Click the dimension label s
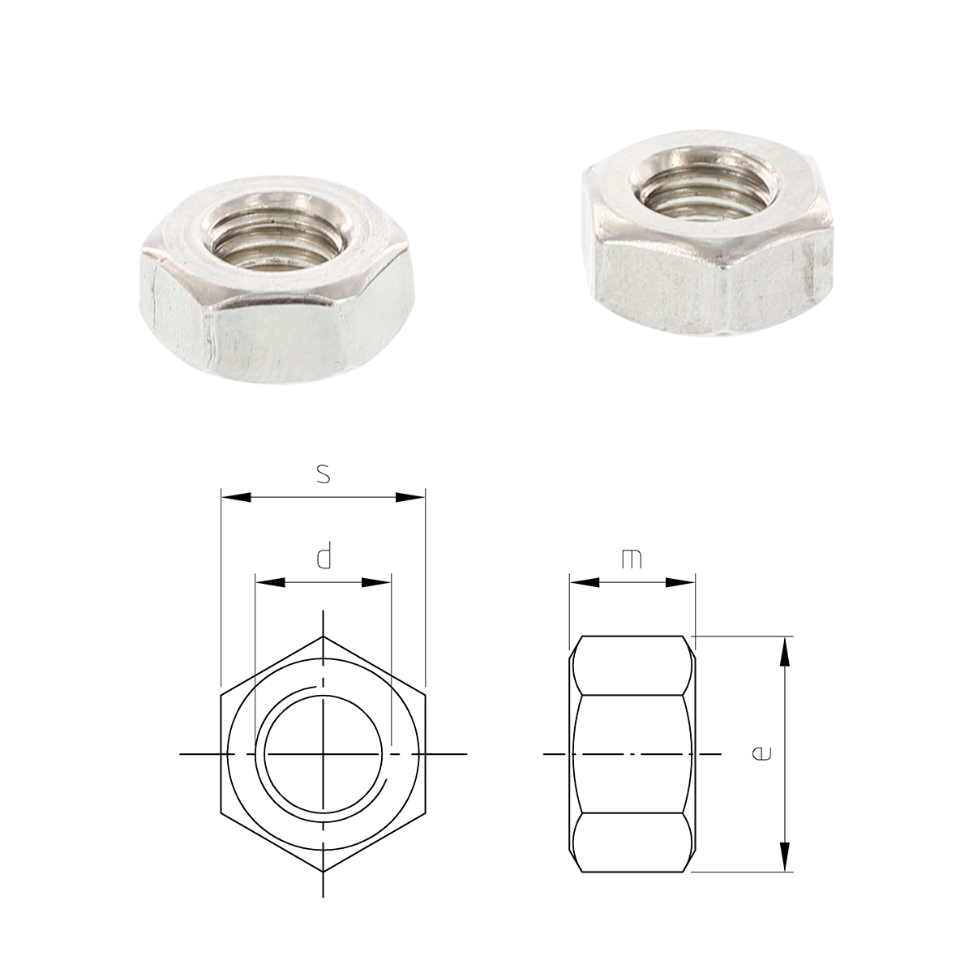click(323, 474)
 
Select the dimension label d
click(324, 558)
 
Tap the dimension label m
click(632, 559)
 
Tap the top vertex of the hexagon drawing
click(323, 637)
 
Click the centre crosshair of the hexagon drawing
click(323, 754)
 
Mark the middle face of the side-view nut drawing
click(632, 754)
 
